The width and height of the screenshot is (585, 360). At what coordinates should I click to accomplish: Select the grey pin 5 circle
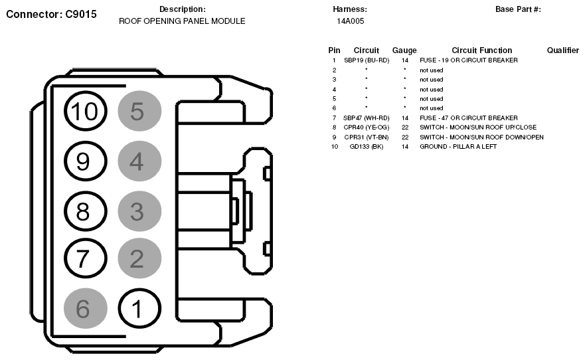(139, 111)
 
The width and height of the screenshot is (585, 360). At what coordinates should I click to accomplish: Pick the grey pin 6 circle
(86, 308)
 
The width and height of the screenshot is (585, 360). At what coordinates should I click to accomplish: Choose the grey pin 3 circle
(139, 211)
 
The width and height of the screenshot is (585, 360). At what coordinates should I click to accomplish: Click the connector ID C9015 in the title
(81, 14)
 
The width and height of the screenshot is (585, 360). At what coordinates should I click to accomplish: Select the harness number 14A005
(351, 21)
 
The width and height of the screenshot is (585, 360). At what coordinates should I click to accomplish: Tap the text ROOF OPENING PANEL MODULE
(182, 21)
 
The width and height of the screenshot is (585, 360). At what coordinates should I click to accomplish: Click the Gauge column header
(404, 50)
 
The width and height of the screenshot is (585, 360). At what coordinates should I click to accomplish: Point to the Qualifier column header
(563, 50)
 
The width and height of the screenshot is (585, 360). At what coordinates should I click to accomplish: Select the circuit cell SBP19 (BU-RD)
(367, 60)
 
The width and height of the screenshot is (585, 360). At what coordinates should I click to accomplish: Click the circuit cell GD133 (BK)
(367, 147)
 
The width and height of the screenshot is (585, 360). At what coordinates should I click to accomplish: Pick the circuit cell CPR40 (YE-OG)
(367, 128)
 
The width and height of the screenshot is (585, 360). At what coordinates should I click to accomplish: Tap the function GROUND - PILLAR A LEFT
(458, 147)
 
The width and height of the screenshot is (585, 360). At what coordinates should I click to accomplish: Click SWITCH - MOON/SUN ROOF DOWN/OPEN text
(481, 137)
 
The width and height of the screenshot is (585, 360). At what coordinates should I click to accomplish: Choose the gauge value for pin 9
(405, 137)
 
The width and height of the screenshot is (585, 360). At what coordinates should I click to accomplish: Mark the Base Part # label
(518, 9)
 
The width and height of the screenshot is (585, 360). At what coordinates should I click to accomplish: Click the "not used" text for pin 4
(432, 90)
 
